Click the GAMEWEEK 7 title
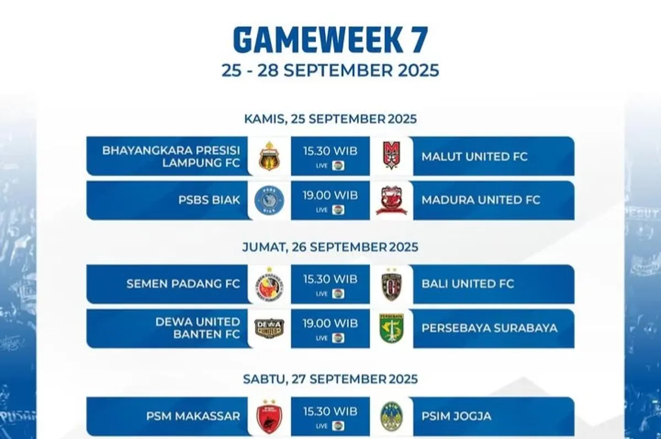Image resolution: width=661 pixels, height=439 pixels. click(330, 40)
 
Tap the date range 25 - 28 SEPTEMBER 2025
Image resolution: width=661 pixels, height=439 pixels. click(330, 70)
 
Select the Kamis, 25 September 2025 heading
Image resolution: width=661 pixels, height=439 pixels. click(330, 119)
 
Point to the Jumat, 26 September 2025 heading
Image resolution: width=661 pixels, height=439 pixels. click(330, 247)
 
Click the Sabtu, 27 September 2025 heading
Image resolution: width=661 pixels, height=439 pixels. click(330, 379)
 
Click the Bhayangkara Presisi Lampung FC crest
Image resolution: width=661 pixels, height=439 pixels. click(269, 156)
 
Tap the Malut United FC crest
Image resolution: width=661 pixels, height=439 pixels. click(391, 155)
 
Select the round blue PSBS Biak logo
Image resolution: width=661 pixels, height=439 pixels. click(269, 200)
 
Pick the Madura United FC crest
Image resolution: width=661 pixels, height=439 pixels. click(391, 200)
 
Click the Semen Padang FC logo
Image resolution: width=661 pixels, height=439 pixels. click(269, 284)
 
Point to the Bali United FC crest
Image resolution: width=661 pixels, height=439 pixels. click(391, 284)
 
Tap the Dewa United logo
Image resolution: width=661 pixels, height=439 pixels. click(269, 328)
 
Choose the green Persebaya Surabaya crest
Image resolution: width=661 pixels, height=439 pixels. click(391, 328)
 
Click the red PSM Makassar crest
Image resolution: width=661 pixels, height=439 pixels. click(269, 416)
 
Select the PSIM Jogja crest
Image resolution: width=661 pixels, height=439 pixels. click(391, 416)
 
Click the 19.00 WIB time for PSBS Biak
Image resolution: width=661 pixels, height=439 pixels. click(330, 195)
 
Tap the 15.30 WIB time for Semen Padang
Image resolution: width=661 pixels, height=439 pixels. click(330, 279)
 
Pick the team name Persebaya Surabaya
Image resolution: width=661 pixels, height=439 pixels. click(490, 328)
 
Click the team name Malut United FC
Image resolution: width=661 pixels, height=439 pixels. click(474, 156)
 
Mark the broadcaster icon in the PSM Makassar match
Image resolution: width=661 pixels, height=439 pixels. click(338, 426)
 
